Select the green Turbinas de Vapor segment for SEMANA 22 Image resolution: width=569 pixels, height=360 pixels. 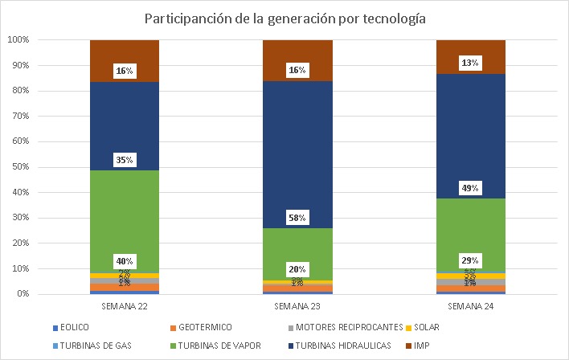tap(124, 217)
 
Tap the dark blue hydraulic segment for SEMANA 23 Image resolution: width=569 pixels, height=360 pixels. tap(297, 145)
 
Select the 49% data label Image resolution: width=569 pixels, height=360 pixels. tap(470, 189)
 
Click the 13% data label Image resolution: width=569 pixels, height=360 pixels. tap(470, 63)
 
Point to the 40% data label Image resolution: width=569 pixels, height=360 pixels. tap(124, 261)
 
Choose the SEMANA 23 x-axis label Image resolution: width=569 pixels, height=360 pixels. tap(297, 306)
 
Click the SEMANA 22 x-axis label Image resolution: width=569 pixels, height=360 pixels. tap(124, 306)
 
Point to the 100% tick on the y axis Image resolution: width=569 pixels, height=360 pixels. tap(18, 39)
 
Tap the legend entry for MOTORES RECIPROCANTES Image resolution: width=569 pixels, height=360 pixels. tap(345, 327)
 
